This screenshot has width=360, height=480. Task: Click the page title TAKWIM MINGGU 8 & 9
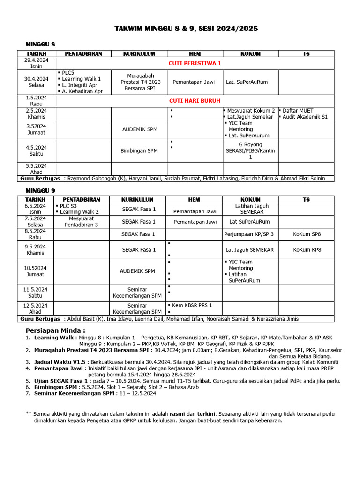[186, 29]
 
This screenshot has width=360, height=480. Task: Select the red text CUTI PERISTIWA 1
[195, 63]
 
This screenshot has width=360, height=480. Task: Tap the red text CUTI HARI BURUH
[195, 100]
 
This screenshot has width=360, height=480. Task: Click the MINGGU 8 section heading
[40, 44]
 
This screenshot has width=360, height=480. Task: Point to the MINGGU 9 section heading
[40, 190]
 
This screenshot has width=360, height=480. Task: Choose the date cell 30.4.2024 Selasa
[37, 82]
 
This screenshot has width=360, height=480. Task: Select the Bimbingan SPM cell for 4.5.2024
[139, 150]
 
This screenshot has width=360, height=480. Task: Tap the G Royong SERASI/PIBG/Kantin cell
[250, 150]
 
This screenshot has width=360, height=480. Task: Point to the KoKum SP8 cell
[307, 234]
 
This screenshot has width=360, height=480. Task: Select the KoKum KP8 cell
[307, 250]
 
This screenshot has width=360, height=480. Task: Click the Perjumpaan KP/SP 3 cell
[250, 234]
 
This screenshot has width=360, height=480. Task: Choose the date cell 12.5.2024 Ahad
[37, 308]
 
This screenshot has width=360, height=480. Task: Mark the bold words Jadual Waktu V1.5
[60, 362]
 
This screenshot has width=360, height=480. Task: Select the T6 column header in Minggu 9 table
[306, 200]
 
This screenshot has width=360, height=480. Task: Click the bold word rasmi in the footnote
[177, 414]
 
